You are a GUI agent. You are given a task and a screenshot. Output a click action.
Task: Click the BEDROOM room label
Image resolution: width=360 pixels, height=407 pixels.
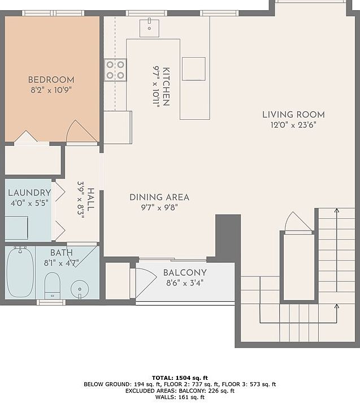(51, 80)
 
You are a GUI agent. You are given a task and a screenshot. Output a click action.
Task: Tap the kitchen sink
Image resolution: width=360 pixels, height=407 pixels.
(149, 28)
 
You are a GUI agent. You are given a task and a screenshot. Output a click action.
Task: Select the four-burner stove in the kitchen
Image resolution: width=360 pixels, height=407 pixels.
(115, 70)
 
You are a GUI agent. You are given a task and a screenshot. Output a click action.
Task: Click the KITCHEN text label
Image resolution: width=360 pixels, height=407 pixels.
(166, 86)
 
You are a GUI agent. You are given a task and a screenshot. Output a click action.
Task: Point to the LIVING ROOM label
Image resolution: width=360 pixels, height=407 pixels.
(293, 114)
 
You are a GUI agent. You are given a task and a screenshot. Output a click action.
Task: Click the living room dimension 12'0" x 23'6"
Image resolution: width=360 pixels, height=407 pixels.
(293, 125)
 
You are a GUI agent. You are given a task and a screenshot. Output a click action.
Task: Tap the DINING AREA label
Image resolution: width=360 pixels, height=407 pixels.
(159, 197)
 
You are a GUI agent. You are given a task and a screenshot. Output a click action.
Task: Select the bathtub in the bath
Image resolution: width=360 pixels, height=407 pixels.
(20, 272)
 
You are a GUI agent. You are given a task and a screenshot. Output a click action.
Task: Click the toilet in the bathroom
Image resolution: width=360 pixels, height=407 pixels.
(53, 285)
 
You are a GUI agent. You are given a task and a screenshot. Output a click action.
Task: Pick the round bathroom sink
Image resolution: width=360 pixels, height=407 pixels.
(80, 289)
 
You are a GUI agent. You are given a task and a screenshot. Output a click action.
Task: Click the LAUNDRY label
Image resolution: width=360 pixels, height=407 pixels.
(29, 193)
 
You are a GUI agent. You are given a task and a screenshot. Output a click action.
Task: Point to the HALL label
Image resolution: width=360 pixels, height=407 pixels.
(90, 200)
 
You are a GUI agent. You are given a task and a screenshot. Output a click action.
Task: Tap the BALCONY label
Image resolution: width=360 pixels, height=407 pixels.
(185, 272)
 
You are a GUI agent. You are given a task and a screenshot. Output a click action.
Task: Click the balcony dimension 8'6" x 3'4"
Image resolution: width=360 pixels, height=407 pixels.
(185, 283)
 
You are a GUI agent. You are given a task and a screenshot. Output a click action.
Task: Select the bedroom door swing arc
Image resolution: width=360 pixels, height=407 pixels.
(82, 131)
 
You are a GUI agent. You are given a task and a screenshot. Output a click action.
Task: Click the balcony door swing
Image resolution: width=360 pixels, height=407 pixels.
(146, 283)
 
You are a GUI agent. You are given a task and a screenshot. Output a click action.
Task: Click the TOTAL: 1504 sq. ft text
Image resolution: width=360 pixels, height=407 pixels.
(180, 378)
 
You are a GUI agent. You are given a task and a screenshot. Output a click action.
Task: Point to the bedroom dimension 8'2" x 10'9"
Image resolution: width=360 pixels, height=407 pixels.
(51, 90)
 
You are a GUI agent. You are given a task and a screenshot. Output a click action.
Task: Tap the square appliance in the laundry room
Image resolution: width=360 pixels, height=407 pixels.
(16, 228)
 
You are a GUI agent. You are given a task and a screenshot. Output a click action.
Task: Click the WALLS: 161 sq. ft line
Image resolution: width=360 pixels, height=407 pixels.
(180, 397)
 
